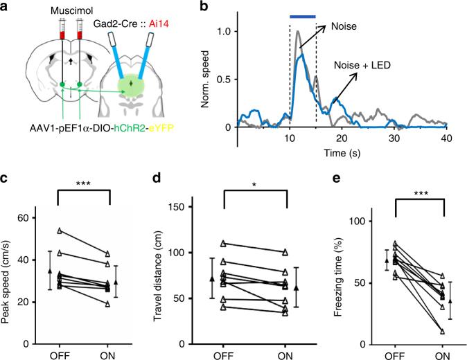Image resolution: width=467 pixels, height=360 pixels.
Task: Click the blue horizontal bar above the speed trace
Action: [302, 16]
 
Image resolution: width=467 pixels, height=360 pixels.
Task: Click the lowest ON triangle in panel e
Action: [442, 332]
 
